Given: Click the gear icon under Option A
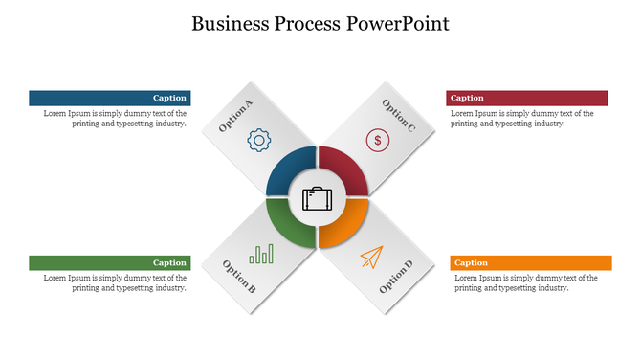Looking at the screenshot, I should (258, 140).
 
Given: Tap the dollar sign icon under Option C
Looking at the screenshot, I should (378, 140).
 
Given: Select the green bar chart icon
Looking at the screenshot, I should (261, 254).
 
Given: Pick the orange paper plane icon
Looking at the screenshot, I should (371, 256).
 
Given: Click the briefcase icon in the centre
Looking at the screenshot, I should (318, 198).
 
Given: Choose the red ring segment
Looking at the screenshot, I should (349, 168).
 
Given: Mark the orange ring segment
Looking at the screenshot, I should (348, 229).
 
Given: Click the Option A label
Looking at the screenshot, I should (235, 116).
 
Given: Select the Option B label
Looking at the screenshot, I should (238, 275).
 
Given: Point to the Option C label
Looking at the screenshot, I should (398, 115).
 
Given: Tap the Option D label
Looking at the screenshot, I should (395, 277).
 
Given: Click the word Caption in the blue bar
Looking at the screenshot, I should (169, 98).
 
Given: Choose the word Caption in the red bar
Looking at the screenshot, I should (467, 98).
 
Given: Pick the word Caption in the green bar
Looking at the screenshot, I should (169, 262).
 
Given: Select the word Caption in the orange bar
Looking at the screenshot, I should (471, 262).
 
